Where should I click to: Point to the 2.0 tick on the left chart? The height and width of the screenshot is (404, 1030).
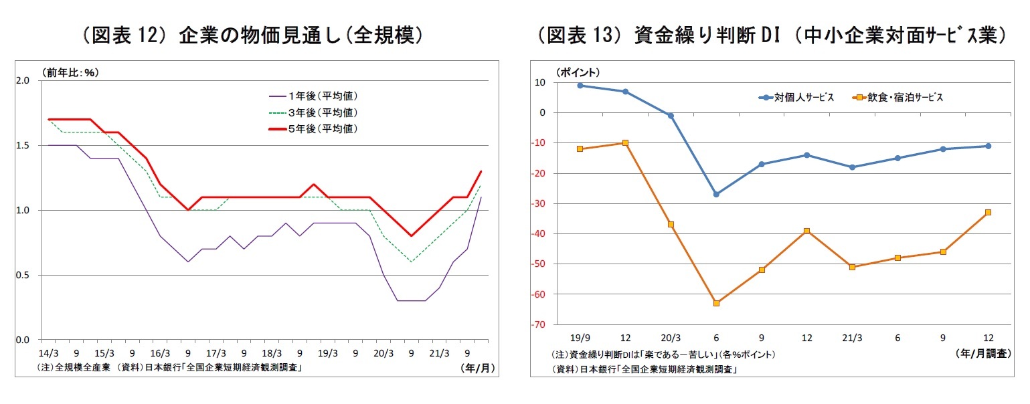(x=23, y=80)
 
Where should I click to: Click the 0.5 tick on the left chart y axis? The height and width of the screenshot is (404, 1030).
(x=23, y=275)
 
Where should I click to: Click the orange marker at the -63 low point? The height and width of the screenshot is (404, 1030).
(x=716, y=303)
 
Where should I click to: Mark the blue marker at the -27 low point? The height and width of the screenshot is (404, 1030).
(x=716, y=195)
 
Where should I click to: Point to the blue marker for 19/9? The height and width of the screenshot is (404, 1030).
(x=580, y=85)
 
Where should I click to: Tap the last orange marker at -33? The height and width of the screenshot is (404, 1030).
(x=988, y=212)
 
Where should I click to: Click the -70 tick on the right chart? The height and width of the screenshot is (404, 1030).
(x=539, y=324)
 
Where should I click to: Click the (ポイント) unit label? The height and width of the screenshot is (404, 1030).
(x=577, y=72)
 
